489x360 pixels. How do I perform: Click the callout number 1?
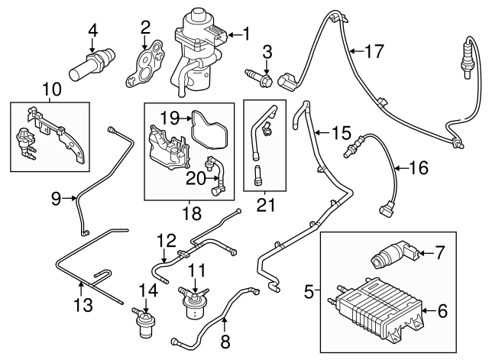click(x=246, y=33)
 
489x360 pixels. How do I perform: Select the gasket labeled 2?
click(x=149, y=62)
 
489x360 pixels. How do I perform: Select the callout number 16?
click(x=417, y=167)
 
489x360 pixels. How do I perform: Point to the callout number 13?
click(x=83, y=306)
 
